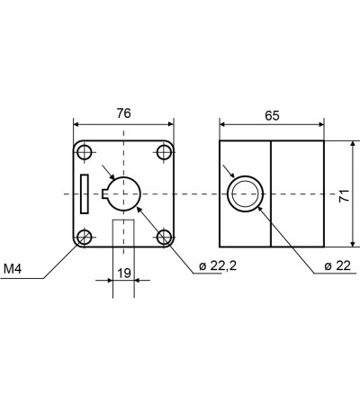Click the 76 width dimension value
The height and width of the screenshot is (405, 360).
point(124,113)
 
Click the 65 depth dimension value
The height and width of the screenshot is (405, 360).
point(272,115)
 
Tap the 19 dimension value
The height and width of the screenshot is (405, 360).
point(124,274)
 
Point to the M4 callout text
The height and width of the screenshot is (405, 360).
point(13,269)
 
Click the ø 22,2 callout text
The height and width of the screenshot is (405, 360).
point(218,265)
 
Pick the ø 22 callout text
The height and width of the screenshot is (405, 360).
point(337,265)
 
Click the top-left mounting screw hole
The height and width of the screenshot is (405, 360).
point(85,152)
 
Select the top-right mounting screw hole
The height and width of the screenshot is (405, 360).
point(164,152)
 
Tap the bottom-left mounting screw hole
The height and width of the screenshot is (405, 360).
point(85,237)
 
